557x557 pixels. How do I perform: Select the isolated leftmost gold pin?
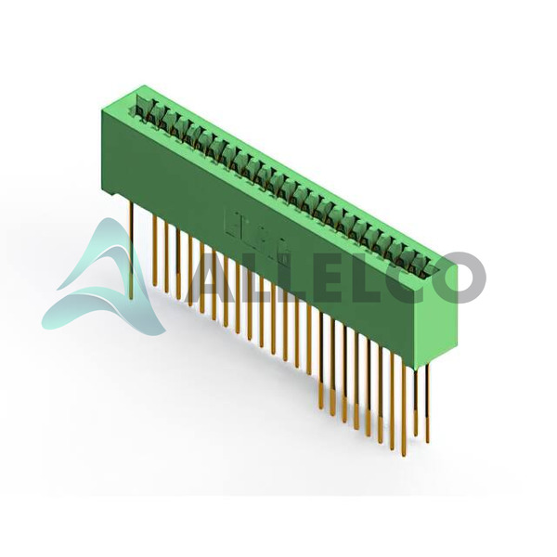point(132,250)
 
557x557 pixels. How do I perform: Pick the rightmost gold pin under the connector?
point(429,402)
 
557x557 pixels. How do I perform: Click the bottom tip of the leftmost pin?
point(132,299)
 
